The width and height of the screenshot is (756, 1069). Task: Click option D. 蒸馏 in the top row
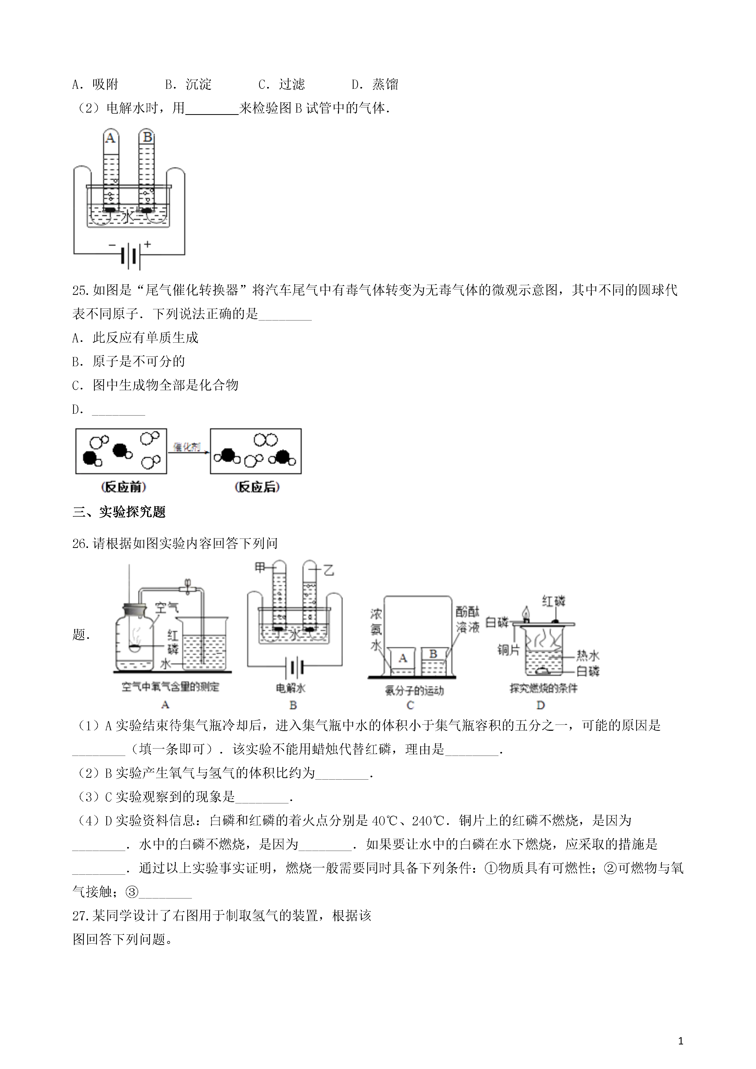[x=375, y=84]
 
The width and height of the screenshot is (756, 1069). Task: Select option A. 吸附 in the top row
[x=95, y=84]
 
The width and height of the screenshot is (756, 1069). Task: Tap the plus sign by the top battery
[x=148, y=243]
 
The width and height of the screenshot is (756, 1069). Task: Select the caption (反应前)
[x=123, y=487]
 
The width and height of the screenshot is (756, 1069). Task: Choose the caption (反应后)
[x=257, y=487]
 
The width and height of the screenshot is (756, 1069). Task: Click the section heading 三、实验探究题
[x=119, y=512]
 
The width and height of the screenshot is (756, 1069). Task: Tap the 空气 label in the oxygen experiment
[x=167, y=607]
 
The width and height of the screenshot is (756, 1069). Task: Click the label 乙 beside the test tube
[x=329, y=569]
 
